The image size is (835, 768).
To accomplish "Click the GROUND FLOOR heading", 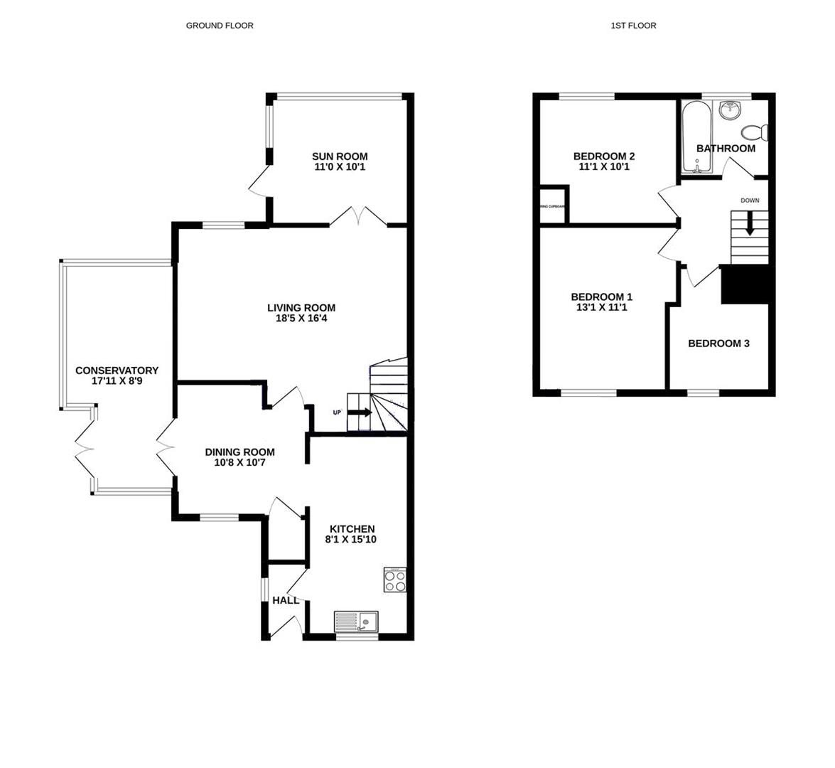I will [220, 26].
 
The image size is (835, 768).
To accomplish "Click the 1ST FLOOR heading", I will [633, 26].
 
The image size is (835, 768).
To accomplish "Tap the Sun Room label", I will [340, 156].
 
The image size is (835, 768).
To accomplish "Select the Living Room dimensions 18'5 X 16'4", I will [301, 319].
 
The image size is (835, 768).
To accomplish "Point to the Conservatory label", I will [117, 370].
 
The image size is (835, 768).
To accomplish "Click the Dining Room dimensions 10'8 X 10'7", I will [239, 463].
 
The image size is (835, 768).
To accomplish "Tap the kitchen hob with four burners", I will [395, 580].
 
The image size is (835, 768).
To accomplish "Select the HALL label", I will [286, 600].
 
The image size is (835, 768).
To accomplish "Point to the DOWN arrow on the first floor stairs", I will [750, 225].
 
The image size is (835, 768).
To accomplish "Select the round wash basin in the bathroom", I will [729, 110].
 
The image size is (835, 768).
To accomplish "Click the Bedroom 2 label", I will [603, 156].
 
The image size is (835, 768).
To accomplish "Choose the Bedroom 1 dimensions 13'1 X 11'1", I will [601, 308].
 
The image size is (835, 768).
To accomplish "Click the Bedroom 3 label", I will [718, 343].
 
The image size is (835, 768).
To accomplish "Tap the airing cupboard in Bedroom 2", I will [553, 206].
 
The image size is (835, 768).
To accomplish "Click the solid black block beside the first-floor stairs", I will [745, 284].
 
